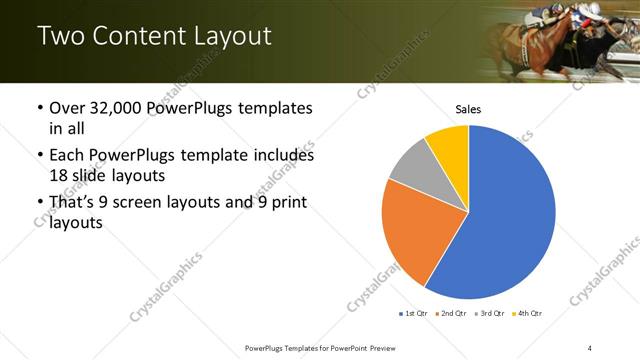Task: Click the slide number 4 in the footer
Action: coord(590,347)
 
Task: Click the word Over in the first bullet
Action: coord(68,108)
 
